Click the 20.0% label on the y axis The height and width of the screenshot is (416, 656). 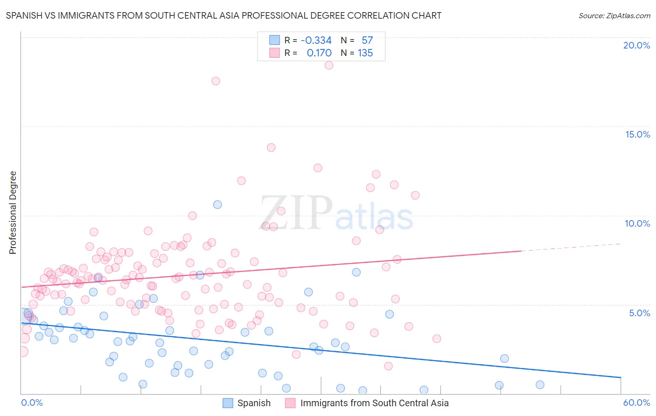[x=636, y=45]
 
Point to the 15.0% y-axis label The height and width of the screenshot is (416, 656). [x=637, y=134]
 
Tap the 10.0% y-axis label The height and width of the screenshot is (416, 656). [x=637, y=223]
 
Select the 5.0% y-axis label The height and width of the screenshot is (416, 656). [x=639, y=313]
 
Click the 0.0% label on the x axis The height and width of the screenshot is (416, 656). [x=32, y=402]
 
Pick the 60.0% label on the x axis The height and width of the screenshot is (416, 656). [x=636, y=402]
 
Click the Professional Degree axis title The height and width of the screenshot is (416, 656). [x=13, y=213]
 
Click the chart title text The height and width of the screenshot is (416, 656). [x=223, y=15]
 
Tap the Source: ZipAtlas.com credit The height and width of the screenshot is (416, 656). [x=614, y=15]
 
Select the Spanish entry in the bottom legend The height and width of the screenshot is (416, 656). [x=253, y=403]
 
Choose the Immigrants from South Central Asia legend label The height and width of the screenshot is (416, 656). [x=374, y=403]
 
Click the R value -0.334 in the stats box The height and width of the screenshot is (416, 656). [x=316, y=41]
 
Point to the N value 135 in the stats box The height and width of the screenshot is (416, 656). [x=365, y=53]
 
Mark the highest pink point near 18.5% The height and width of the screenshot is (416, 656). [x=329, y=65]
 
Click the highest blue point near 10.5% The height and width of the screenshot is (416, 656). [x=217, y=204]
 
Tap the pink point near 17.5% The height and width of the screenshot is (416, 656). [x=216, y=81]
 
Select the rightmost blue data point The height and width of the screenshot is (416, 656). [x=540, y=385]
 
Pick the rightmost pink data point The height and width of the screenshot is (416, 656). [x=437, y=339]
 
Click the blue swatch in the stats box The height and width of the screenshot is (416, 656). [x=274, y=40]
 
